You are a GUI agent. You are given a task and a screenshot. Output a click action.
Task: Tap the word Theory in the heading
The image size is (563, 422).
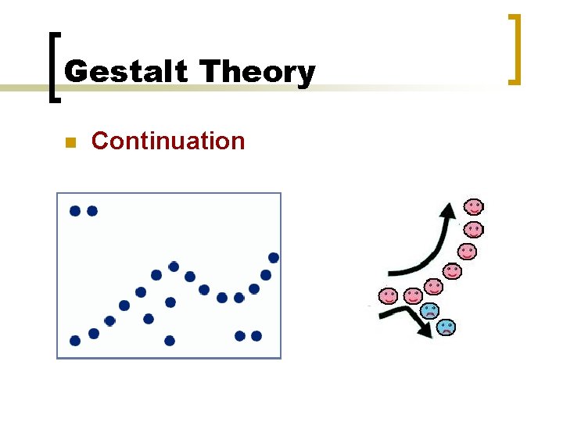point(257,73)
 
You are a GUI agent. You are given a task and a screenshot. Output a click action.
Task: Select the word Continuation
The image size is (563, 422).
point(168,141)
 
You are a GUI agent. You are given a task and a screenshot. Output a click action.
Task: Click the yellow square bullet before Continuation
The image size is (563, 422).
point(69,143)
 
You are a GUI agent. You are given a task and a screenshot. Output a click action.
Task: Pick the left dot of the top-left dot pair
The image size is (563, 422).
point(75,211)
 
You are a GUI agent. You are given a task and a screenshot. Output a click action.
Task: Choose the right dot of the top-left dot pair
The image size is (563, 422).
point(92,211)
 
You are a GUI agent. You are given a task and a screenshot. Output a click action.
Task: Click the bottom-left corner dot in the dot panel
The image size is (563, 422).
point(75,341)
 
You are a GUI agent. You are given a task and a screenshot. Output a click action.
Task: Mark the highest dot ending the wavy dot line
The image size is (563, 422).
point(274,258)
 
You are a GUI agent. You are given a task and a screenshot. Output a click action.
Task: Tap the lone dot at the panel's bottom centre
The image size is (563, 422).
point(170,341)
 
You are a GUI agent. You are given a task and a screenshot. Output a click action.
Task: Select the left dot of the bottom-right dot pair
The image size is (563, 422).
point(240,336)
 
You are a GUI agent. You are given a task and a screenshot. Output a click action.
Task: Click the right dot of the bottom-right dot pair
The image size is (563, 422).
point(256,336)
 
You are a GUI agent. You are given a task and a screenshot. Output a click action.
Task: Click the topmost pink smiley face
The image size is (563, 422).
point(474,206)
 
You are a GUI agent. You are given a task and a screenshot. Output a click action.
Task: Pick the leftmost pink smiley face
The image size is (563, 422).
point(388,296)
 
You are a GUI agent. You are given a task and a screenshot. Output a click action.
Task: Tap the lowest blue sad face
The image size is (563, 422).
point(446,327)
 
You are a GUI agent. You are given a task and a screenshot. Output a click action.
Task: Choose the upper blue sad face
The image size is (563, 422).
point(429,310)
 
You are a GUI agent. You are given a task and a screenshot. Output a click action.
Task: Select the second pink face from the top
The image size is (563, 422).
point(474,230)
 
